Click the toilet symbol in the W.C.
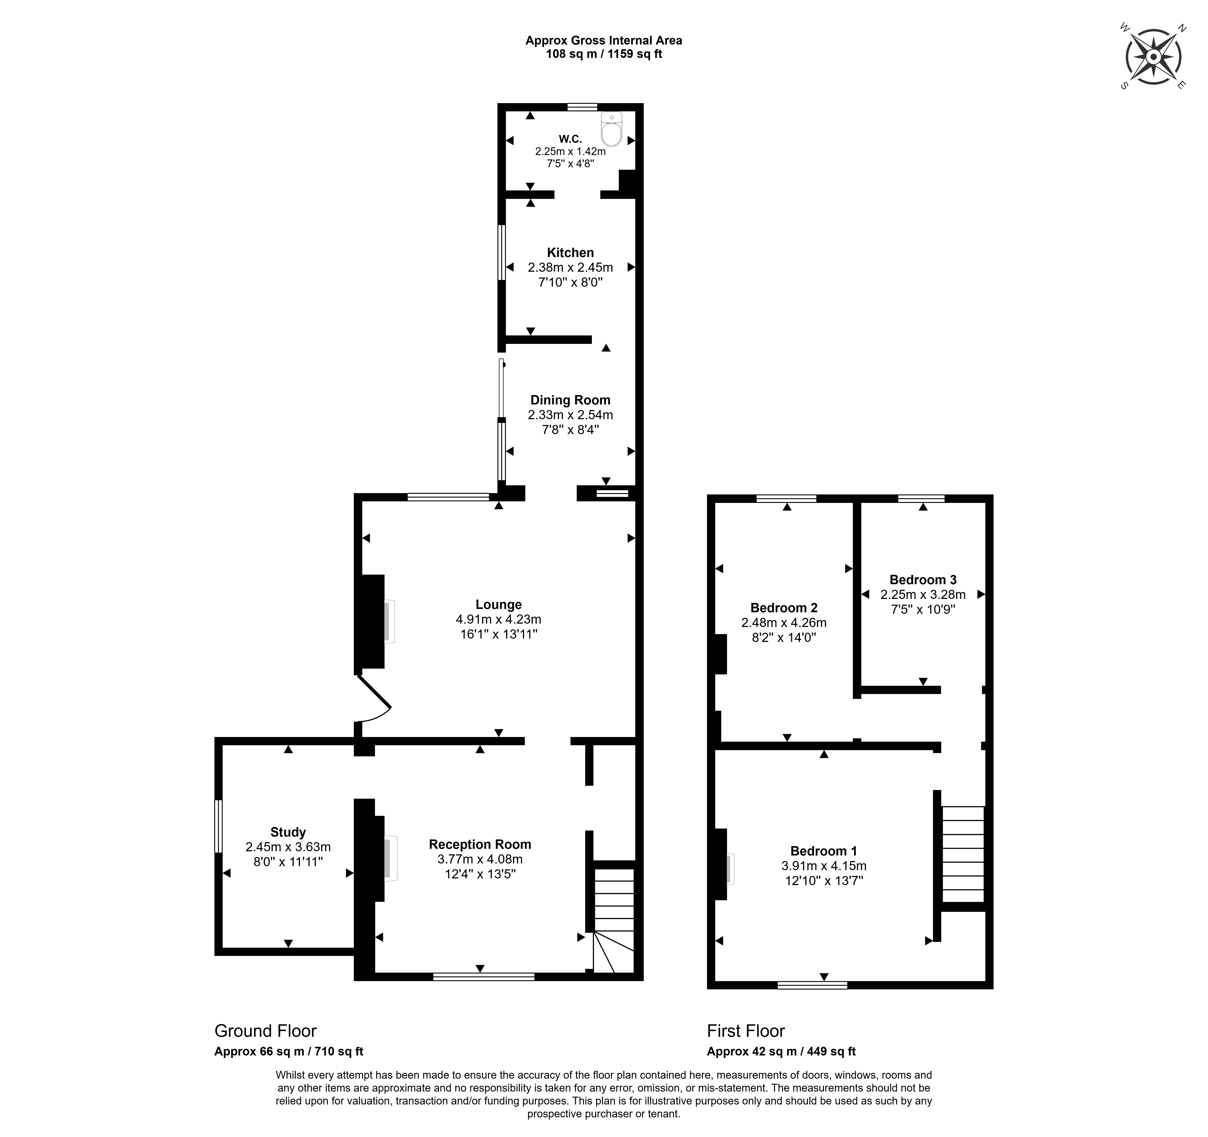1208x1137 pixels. click(x=611, y=129)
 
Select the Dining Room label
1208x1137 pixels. click(x=570, y=400)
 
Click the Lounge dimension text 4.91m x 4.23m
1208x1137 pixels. click(x=498, y=619)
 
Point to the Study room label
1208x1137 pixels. click(x=288, y=832)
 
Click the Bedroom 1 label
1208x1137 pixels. click(x=823, y=851)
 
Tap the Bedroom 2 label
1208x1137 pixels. click(x=784, y=608)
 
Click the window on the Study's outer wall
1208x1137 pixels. click(x=219, y=826)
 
